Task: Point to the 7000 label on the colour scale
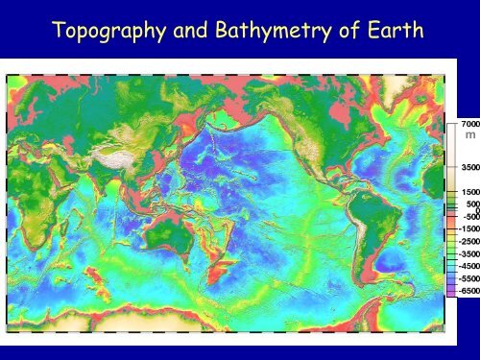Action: tap(468, 125)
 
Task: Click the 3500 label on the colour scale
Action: tap(468, 167)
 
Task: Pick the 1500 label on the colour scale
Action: tap(468, 192)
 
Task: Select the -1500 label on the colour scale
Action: tap(468, 229)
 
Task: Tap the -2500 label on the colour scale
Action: tap(468, 242)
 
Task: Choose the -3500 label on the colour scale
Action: tap(468, 253)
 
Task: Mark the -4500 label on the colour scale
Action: tap(468, 265)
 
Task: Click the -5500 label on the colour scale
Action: tap(468, 276)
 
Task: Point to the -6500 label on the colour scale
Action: tap(468, 289)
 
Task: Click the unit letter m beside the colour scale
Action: tap(468, 137)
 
